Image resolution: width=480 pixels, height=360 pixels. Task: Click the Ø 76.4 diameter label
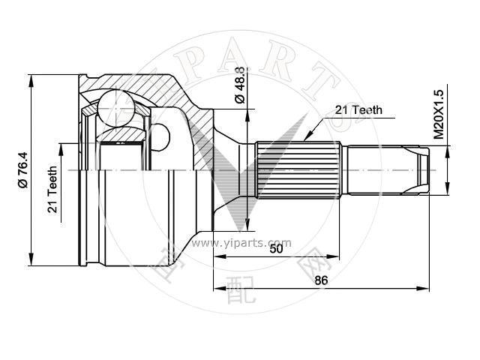tap(22, 170)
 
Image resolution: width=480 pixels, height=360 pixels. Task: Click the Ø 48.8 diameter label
tap(240, 85)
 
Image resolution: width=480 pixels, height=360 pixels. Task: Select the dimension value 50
tap(276, 249)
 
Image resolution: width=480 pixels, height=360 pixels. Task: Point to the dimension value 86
tap(321, 280)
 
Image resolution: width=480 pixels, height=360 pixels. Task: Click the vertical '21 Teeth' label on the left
tap(52, 190)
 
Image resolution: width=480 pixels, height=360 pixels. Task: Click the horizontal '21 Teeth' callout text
tap(358, 110)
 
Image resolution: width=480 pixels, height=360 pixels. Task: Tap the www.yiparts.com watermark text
tap(241, 243)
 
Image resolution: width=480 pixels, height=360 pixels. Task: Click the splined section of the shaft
tap(298, 170)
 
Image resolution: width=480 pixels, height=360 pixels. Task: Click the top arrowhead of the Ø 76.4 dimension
tap(31, 80)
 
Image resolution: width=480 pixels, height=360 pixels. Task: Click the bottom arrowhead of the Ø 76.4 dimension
tap(31, 259)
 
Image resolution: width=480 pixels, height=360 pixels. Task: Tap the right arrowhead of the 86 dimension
tap(423, 288)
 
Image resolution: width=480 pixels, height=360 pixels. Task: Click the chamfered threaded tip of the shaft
tap(423, 170)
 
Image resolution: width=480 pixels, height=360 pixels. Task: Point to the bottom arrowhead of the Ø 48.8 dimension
tap(247, 225)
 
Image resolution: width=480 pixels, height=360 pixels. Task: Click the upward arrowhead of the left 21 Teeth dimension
tap(61, 149)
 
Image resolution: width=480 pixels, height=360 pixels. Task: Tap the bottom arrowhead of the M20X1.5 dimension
tap(448, 188)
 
